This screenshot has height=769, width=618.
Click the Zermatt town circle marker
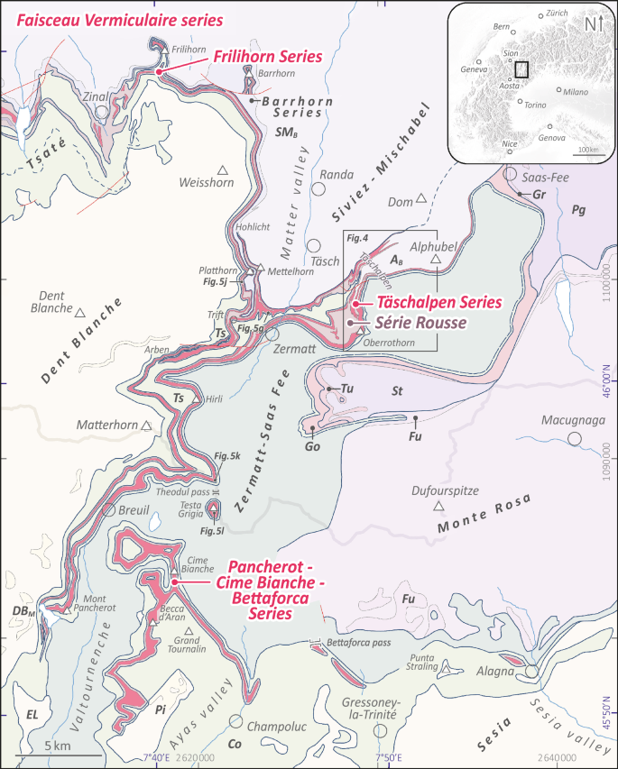[272, 333]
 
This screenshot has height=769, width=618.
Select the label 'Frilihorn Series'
[268, 57]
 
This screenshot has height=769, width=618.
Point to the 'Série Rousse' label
[422, 321]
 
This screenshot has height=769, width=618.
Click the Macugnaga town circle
[574, 439]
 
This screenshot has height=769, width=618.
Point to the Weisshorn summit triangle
[222, 169]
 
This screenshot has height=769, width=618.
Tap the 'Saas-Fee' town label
[541, 178]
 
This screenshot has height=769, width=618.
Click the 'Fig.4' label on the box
[358, 238]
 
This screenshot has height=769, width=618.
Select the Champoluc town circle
[236, 722]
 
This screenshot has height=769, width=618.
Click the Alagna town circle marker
[532, 672]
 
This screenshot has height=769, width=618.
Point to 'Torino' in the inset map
[534, 105]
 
